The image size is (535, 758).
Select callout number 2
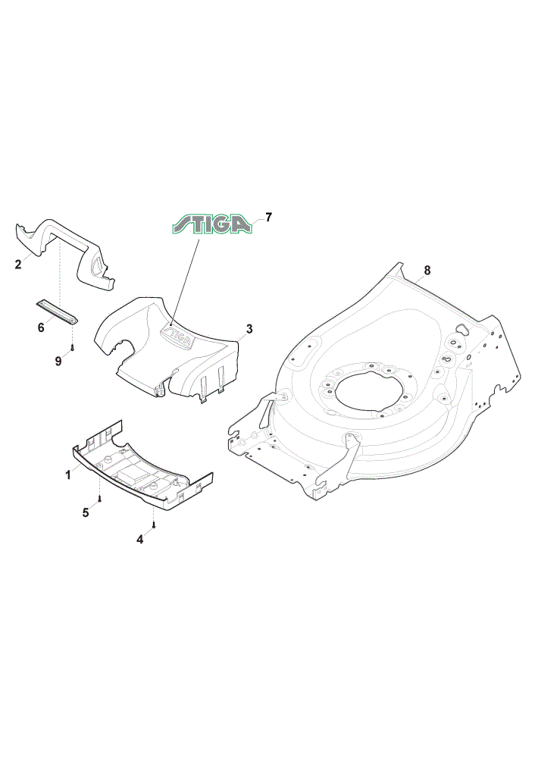tap(18, 265)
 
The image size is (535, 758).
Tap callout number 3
tap(249, 329)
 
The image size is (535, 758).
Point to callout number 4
tap(140, 539)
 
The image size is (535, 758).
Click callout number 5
tap(86, 512)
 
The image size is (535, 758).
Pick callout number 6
tap(41, 327)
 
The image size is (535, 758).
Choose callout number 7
tap(269, 217)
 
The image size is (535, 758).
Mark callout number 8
tap(427, 271)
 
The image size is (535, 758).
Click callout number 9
tap(58, 361)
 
